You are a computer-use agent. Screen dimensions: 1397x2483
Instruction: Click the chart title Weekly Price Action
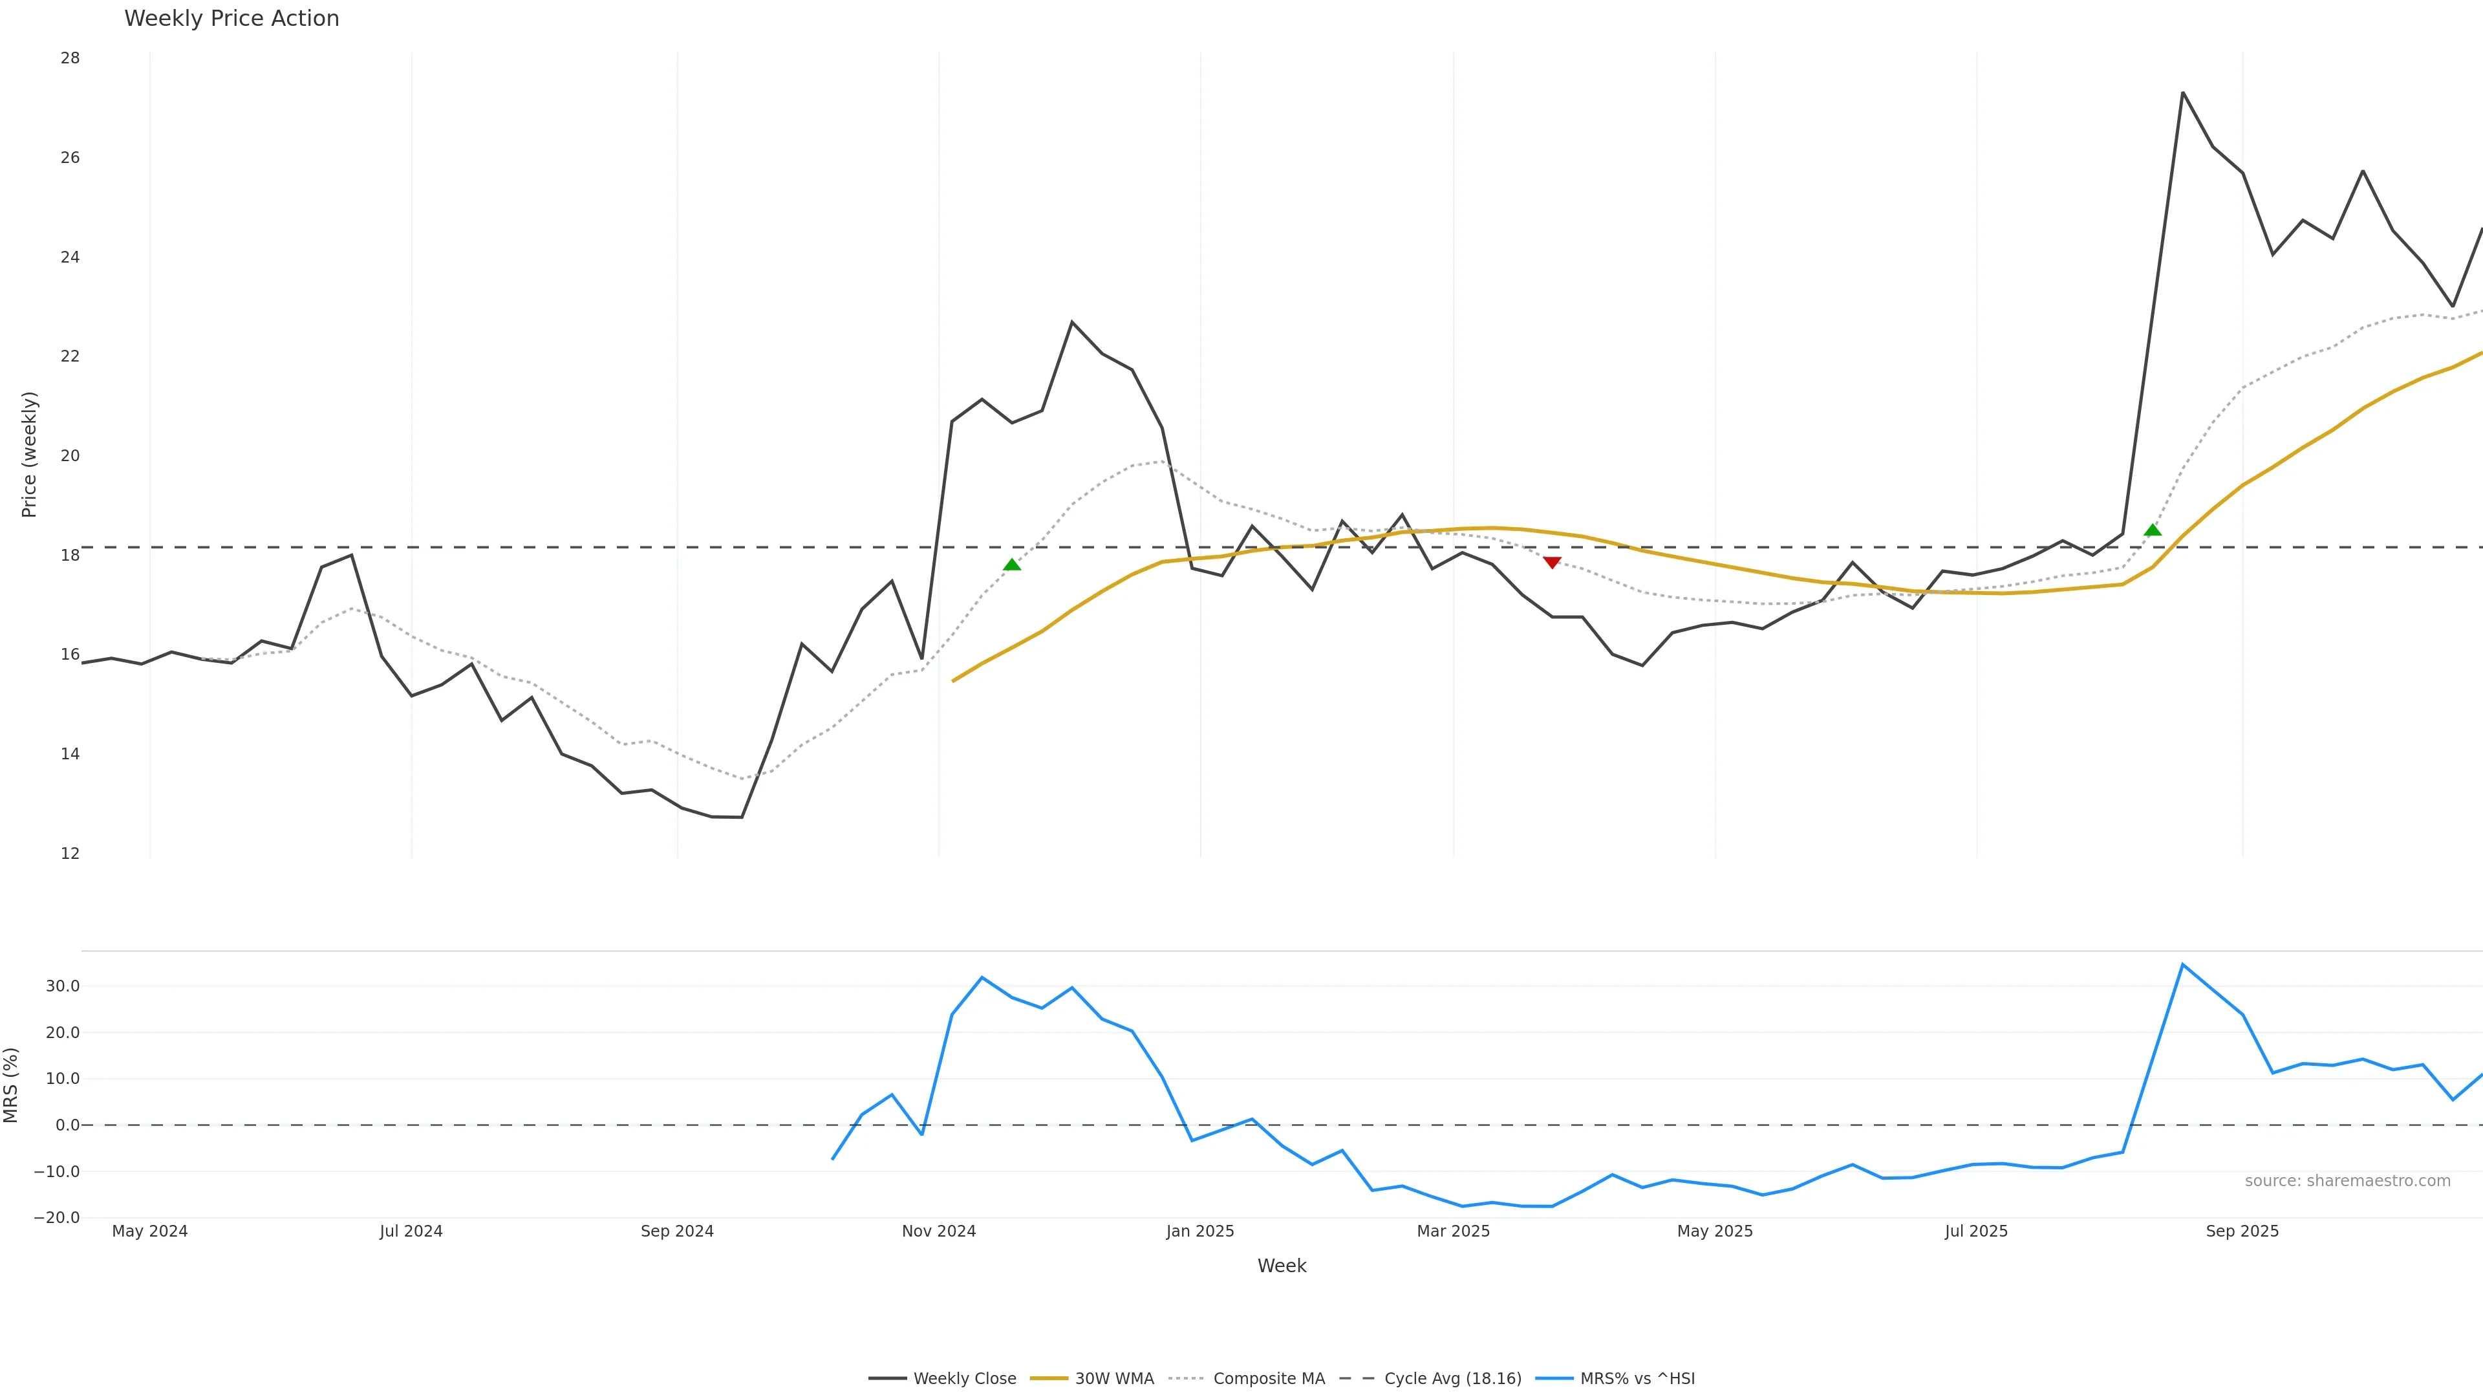click(231, 18)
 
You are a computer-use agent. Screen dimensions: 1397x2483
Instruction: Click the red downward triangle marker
click(1552, 562)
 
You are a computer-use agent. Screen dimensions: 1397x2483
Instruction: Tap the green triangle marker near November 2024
click(1012, 565)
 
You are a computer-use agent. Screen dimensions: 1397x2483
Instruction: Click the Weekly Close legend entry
click(943, 1379)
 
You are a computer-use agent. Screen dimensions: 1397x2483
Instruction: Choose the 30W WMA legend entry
click(1092, 1379)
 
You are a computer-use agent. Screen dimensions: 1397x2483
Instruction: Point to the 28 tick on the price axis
click(70, 58)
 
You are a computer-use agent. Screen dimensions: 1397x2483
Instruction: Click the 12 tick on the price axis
click(70, 853)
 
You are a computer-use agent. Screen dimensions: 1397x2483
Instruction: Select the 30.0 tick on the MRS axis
click(63, 986)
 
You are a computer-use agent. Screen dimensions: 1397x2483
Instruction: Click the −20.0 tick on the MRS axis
click(57, 1218)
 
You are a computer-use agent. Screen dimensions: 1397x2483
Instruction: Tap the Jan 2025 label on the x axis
click(1200, 1231)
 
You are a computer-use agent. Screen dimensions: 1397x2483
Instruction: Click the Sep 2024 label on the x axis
click(676, 1231)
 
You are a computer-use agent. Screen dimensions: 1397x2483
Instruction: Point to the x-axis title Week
click(1281, 1266)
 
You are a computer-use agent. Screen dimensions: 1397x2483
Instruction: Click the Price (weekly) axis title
click(29, 454)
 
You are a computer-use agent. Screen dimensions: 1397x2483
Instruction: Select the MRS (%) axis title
click(12, 1085)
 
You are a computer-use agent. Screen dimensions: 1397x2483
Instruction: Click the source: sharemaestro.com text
click(2347, 1181)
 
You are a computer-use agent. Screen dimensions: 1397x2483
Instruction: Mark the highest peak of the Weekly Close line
click(2182, 92)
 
